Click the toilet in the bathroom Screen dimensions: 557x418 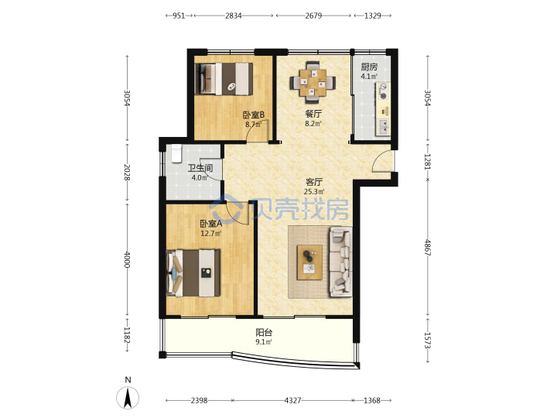pos(176,152)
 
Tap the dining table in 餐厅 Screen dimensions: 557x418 pos(313,83)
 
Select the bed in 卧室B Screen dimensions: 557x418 pos(224,79)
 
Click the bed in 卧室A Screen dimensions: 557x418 pos(193,272)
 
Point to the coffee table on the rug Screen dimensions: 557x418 pos(309,262)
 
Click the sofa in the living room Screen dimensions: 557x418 pos(341,262)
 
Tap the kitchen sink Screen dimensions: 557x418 pos(383,127)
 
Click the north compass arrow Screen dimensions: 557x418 pos(128,398)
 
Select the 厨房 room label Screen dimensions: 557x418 pos(369,67)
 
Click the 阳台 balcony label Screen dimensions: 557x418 pos(264,332)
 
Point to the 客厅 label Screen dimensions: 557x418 pos(314,182)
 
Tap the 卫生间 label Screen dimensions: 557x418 pos(200,168)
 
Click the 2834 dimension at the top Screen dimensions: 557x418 pos(234,15)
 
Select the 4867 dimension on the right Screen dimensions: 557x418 pos(428,248)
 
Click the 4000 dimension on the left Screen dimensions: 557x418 pos(127,260)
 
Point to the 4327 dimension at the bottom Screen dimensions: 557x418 pos(292,401)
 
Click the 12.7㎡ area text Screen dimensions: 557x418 pos(211,234)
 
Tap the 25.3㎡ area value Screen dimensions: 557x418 pos(314,192)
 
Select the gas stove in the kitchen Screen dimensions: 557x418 pos(383,91)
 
